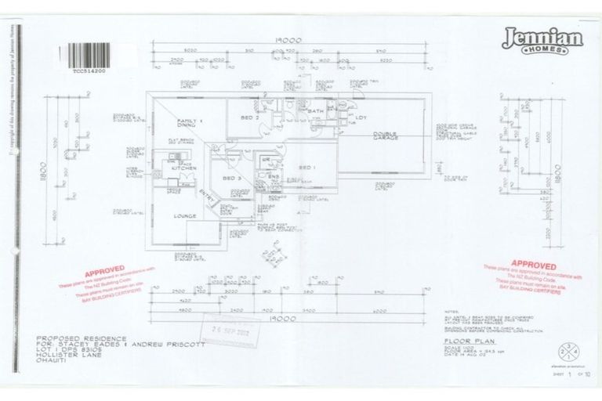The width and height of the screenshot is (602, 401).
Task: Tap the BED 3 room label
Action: coord(231,179)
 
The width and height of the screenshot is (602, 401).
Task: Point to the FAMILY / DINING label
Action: coord(191,122)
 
